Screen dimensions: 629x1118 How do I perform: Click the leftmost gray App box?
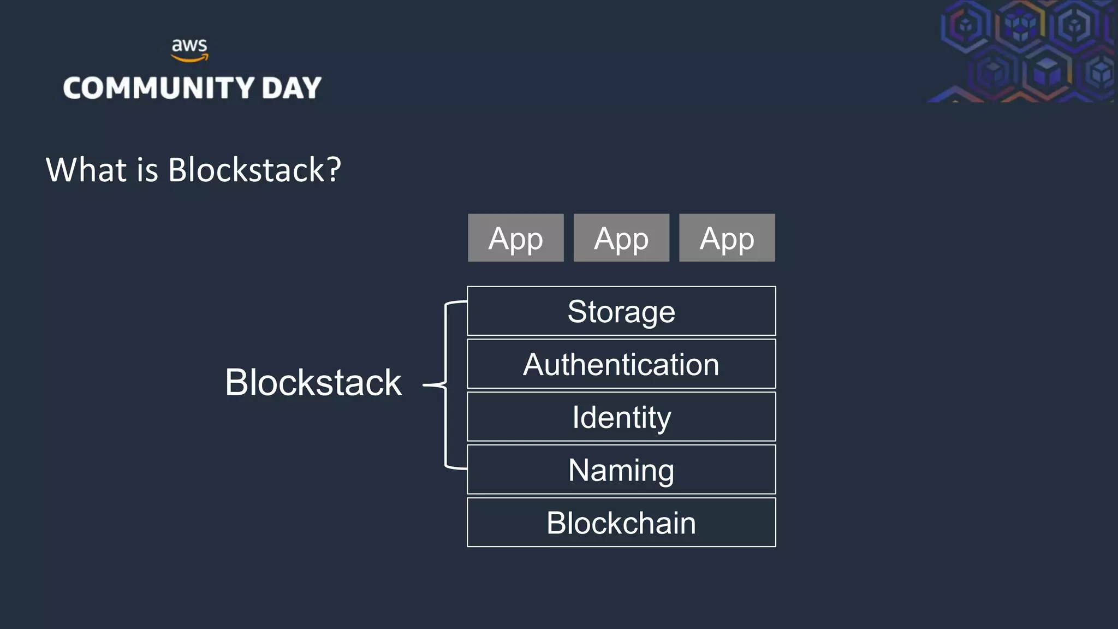click(515, 238)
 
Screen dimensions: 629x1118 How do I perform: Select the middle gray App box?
click(621, 238)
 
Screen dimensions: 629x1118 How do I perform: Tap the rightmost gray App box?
click(727, 238)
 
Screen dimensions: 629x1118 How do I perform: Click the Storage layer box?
click(621, 311)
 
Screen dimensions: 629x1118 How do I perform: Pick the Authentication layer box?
click(621, 364)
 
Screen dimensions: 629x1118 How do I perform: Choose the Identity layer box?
click(621, 417)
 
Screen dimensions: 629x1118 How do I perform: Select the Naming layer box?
click(621, 470)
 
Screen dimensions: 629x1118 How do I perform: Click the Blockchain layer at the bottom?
click(621, 523)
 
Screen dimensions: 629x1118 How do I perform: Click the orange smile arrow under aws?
click(189, 58)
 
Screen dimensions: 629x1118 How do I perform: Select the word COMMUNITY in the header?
click(159, 88)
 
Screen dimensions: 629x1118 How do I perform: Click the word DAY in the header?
click(292, 88)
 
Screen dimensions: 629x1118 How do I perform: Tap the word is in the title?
click(147, 170)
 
